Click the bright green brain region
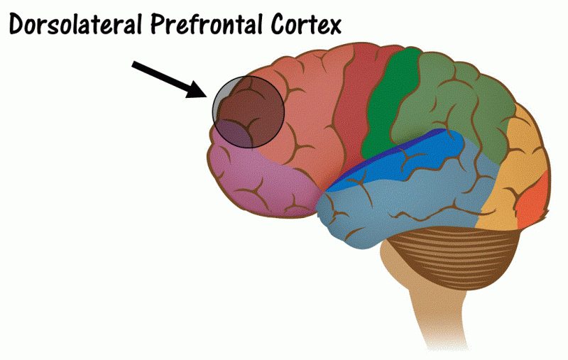click(x=387, y=107)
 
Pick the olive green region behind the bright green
click(x=461, y=99)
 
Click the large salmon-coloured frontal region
click(x=312, y=121)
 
